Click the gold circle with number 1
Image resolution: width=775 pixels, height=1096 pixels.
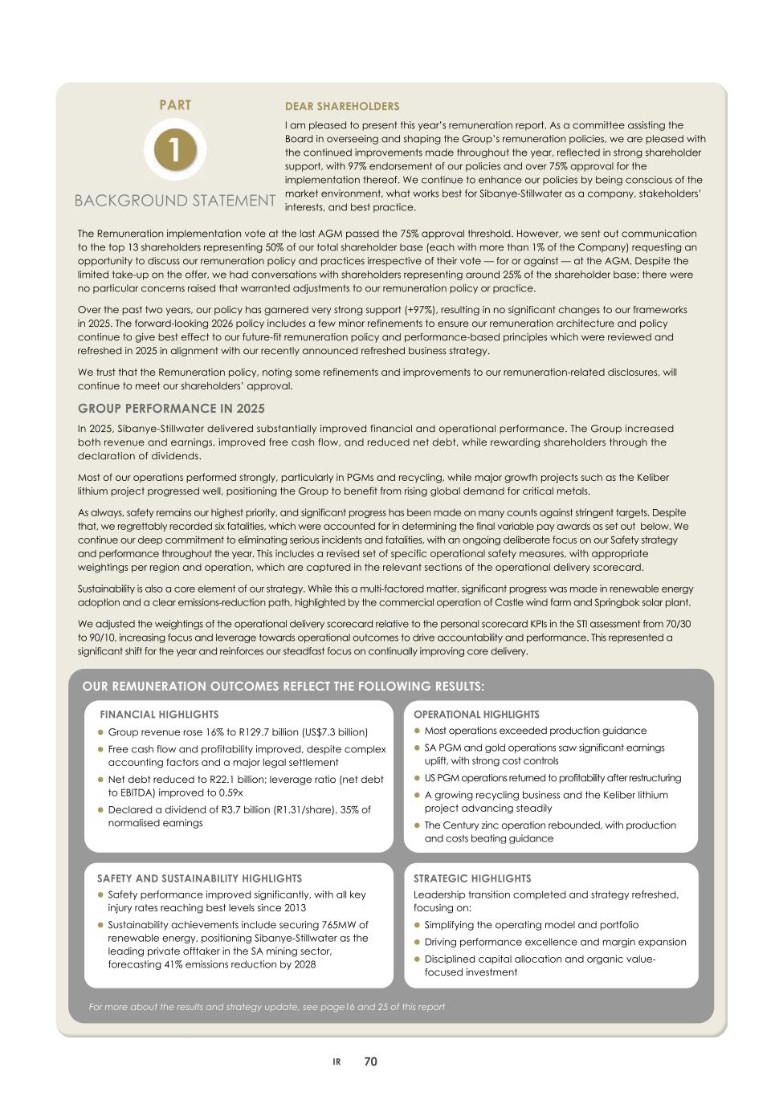(175, 149)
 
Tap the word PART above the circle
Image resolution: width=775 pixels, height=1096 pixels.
(175, 105)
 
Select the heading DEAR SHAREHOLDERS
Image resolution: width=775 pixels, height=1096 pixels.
(342, 107)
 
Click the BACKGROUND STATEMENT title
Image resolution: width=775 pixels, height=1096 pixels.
(175, 201)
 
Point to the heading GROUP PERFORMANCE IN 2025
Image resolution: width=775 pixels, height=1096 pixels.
(171, 409)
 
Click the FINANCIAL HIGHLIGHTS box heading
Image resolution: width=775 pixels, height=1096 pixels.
(159, 714)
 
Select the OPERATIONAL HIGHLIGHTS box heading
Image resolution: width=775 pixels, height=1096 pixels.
(476, 714)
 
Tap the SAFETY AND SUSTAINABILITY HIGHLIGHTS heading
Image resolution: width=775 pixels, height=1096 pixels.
(199, 878)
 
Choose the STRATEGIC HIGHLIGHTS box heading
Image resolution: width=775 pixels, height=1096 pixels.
(472, 878)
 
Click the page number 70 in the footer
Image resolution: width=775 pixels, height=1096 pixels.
(370, 1061)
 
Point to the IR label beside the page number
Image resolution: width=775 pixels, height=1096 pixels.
(337, 1062)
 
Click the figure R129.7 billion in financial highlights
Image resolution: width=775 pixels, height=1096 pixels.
(255, 732)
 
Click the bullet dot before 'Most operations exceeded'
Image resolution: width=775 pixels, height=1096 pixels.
(417, 731)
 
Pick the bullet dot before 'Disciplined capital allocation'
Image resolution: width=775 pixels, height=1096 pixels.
(417, 959)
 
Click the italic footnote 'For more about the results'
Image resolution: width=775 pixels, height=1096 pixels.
(266, 1007)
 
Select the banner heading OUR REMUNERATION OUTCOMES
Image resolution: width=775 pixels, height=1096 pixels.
(283, 687)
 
